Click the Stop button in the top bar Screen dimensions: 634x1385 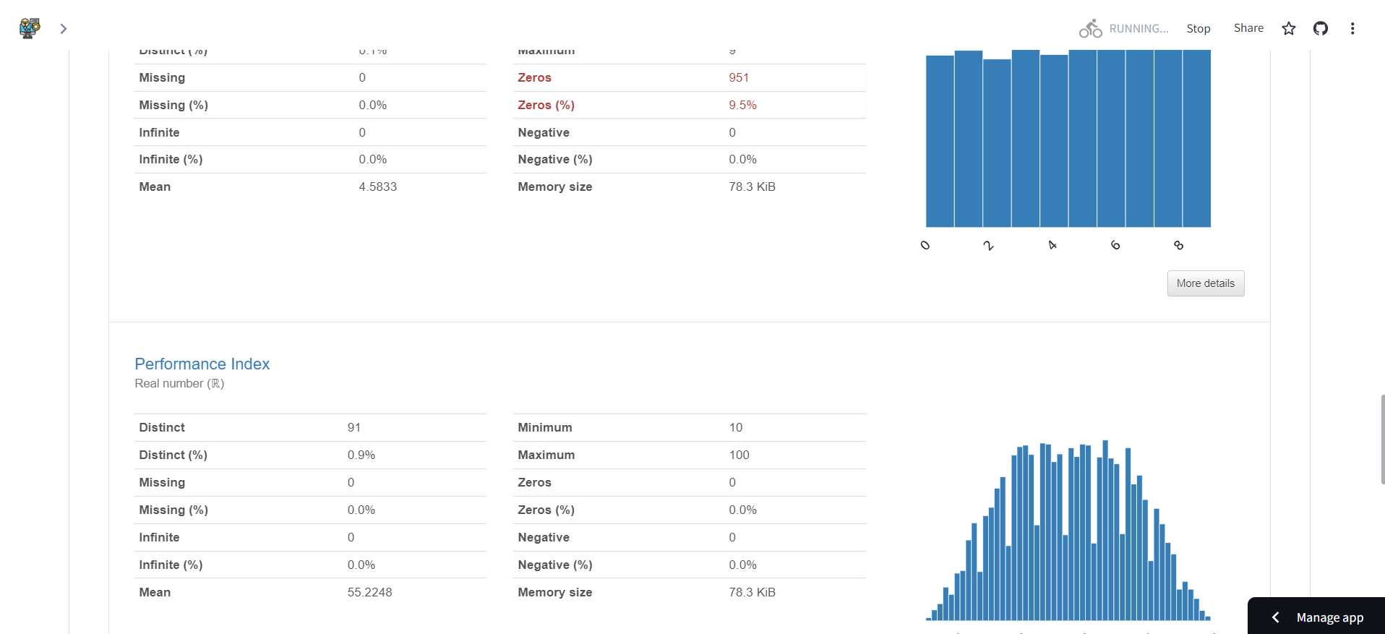[x=1198, y=29]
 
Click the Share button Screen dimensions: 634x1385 [x=1248, y=28]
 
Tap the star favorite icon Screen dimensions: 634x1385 [x=1289, y=29]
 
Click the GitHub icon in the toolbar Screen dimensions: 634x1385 [x=1321, y=29]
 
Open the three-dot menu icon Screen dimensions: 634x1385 [x=1352, y=29]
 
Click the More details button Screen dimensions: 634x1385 [x=1205, y=283]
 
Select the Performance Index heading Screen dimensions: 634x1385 [x=202, y=364]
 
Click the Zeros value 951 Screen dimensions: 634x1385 [x=738, y=78]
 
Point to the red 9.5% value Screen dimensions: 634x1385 [x=742, y=106]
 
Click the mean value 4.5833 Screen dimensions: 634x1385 [x=377, y=187]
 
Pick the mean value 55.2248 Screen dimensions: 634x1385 [x=369, y=593]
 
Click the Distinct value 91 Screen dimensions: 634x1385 [x=353, y=428]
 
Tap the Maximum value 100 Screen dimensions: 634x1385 [x=739, y=455]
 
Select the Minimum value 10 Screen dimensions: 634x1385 [x=735, y=428]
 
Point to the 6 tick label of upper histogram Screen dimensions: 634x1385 [x=1115, y=246]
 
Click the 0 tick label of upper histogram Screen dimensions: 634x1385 [x=925, y=246]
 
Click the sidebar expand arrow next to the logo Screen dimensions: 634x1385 [x=64, y=29]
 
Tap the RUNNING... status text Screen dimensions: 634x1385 [x=1139, y=29]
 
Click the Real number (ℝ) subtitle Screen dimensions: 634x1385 [x=179, y=384]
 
